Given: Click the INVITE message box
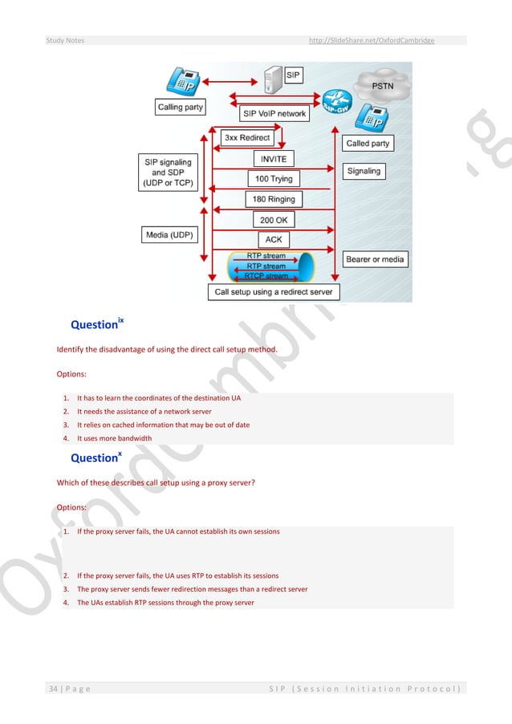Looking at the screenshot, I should (273, 159).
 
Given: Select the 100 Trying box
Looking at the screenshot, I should (273, 178).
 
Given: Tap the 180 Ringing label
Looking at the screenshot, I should (274, 198).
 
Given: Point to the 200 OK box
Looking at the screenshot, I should (274, 219).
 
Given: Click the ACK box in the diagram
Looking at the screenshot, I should (274, 239).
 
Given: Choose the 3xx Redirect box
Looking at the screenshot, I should (247, 138).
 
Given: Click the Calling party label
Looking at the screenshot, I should (181, 107).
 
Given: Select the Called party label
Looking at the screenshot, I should (368, 144).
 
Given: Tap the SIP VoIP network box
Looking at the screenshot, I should (274, 114).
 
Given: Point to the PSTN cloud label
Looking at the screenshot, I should (382, 83).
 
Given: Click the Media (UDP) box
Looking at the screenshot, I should (169, 235).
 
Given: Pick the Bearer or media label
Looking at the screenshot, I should (375, 259).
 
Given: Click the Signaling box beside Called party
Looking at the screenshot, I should (364, 171).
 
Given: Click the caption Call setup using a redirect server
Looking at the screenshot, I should (273, 292).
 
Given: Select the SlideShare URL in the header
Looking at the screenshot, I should (372, 40).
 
